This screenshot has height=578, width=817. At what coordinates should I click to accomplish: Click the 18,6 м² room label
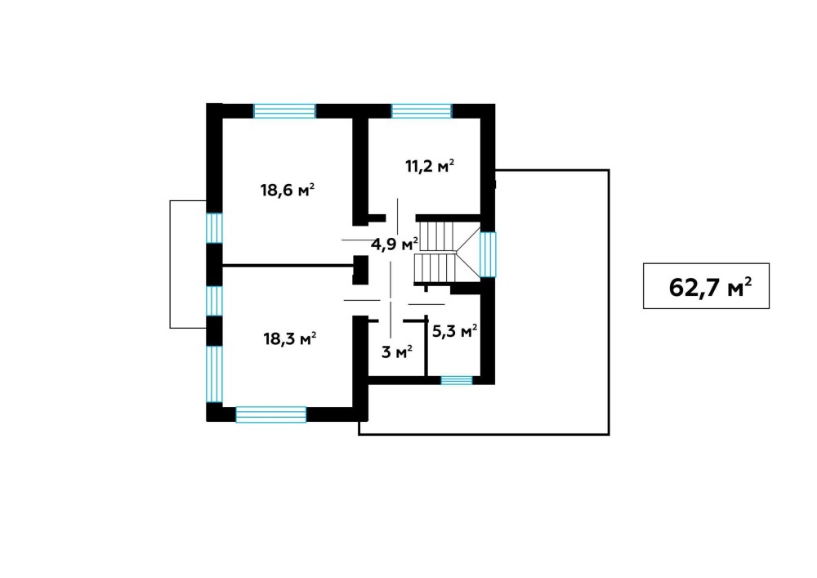[x=287, y=190]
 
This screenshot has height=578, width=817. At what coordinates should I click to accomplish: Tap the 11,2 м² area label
[x=430, y=166]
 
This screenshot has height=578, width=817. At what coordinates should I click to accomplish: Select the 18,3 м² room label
[x=290, y=338]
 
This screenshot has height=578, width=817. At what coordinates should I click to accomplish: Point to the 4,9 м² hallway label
[x=395, y=244]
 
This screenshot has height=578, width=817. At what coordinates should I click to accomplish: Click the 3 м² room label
[x=397, y=352]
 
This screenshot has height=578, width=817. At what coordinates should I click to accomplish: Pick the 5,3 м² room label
[x=455, y=331]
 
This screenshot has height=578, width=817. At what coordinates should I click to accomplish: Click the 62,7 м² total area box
[x=706, y=285]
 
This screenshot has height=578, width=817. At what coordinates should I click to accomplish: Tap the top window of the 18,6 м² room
[x=284, y=111]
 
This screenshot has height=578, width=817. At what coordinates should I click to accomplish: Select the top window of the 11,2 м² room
[x=422, y=111]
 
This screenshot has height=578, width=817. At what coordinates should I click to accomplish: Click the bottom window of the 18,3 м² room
[x=271, y=414]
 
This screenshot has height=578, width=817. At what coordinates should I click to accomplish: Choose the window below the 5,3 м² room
[x=457, y=380]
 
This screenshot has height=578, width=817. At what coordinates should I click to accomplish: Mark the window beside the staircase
[x=488, y=254]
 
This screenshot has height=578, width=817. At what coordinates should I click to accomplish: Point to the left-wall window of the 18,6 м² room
[x=214, y=228]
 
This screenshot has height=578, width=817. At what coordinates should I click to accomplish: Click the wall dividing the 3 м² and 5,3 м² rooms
[x=426, y=346]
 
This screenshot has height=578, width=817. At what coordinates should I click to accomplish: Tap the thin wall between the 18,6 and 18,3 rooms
[x=288, y=266]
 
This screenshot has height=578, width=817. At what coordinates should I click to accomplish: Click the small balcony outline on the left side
[x=171, y=264]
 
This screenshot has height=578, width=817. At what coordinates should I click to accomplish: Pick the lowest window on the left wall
[x=214, y=374]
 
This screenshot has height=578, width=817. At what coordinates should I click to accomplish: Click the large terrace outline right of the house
[x=609, y=302]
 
